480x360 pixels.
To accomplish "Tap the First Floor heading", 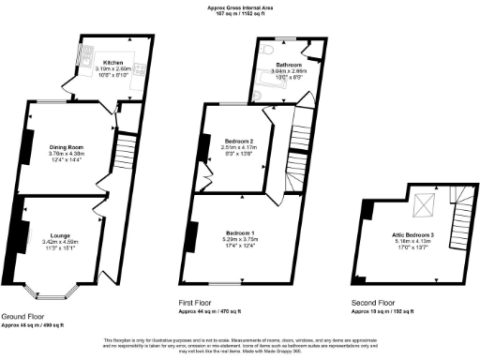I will click(200, 303).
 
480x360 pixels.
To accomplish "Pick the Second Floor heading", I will click(373, 303).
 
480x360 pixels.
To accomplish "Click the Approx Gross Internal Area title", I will click(240, 8).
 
